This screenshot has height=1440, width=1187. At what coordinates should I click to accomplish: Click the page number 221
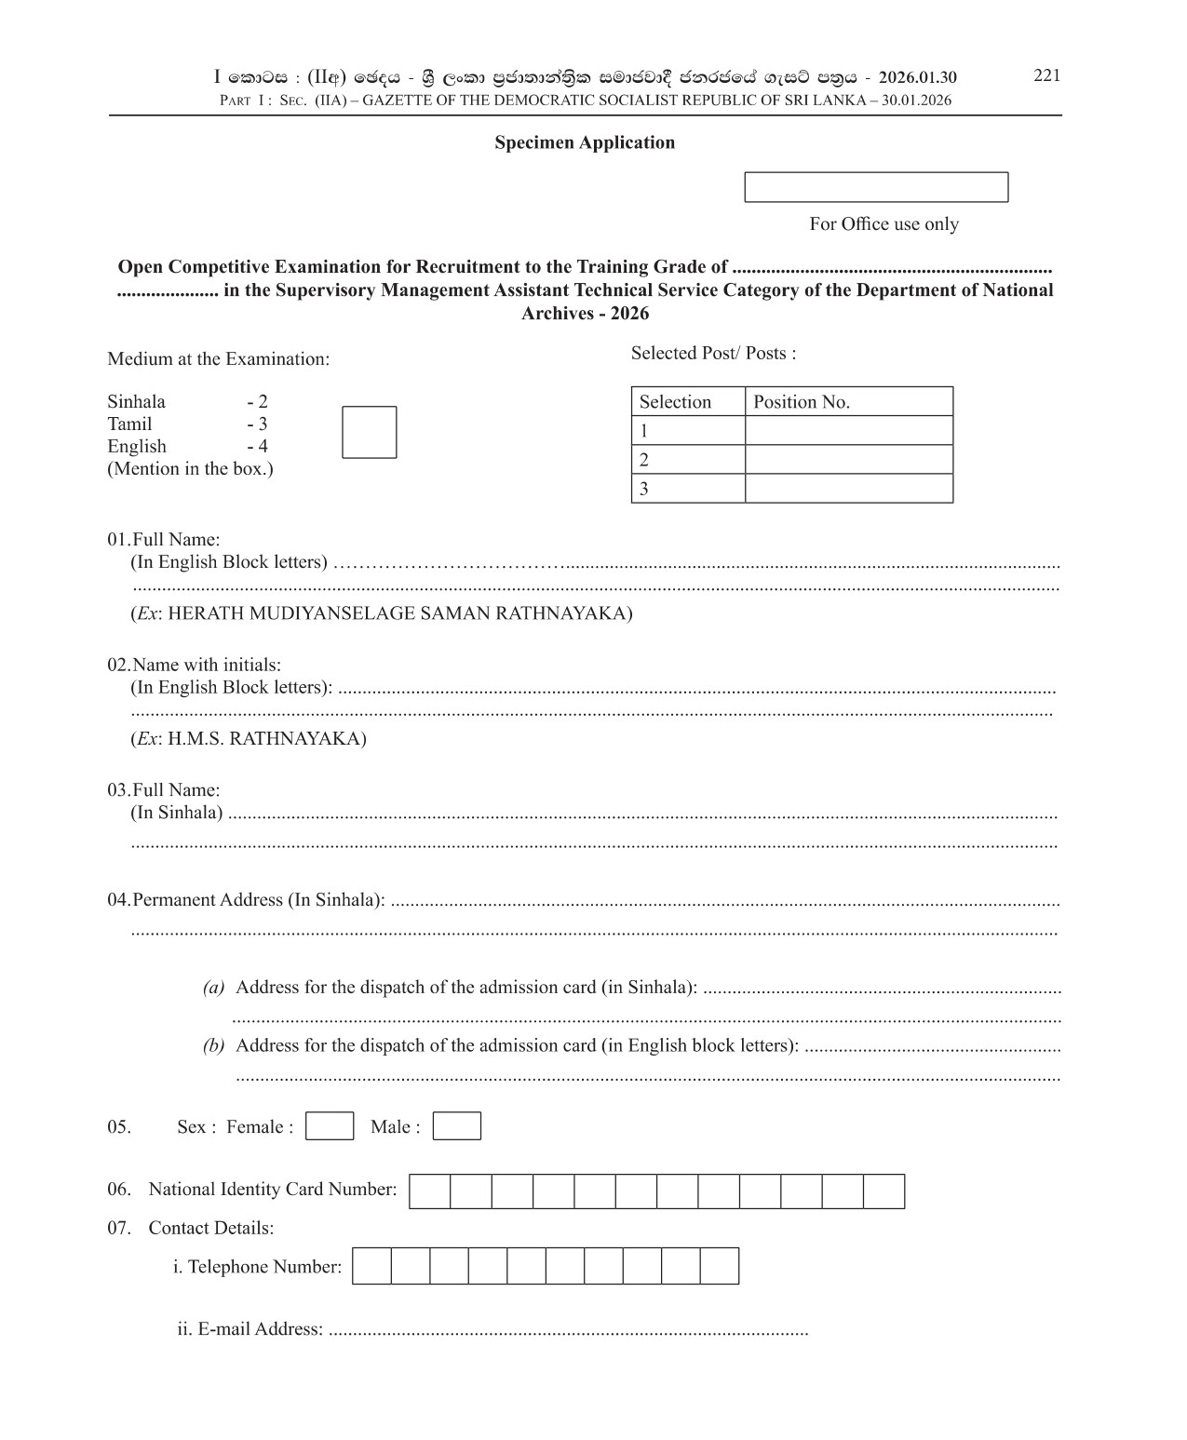point(1046,75)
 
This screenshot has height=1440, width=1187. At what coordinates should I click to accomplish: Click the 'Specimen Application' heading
point(585,142)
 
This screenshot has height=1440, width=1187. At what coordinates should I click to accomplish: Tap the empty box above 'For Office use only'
point(876,187)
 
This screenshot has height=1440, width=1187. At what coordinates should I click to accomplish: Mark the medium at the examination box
point(369,432)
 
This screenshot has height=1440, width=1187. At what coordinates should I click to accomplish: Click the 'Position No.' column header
point(801,402)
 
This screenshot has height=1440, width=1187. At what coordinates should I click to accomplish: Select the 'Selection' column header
point(675,402)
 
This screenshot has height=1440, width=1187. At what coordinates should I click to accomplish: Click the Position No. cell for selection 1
point(848,431)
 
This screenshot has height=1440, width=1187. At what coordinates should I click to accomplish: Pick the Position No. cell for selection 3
point(848,489)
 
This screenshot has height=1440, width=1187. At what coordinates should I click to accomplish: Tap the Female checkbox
point(330,1126)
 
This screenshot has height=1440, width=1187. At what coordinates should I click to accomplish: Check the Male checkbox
point(457,1126)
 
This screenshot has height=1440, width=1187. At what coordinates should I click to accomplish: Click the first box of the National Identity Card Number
point(430,1191)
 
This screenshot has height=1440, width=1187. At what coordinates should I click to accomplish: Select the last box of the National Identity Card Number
point(884,1191)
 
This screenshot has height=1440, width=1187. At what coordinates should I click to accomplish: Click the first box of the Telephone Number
point(371,1267)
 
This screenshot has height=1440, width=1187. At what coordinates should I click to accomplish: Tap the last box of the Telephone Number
point(720,1267)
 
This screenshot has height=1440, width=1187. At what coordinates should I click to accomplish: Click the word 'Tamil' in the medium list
point(129,424)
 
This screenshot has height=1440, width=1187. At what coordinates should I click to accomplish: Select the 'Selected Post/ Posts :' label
point(713,354)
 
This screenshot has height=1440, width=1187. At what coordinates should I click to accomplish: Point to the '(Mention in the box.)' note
point(190,469)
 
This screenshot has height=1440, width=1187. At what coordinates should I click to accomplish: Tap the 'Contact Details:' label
point(210,1229)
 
